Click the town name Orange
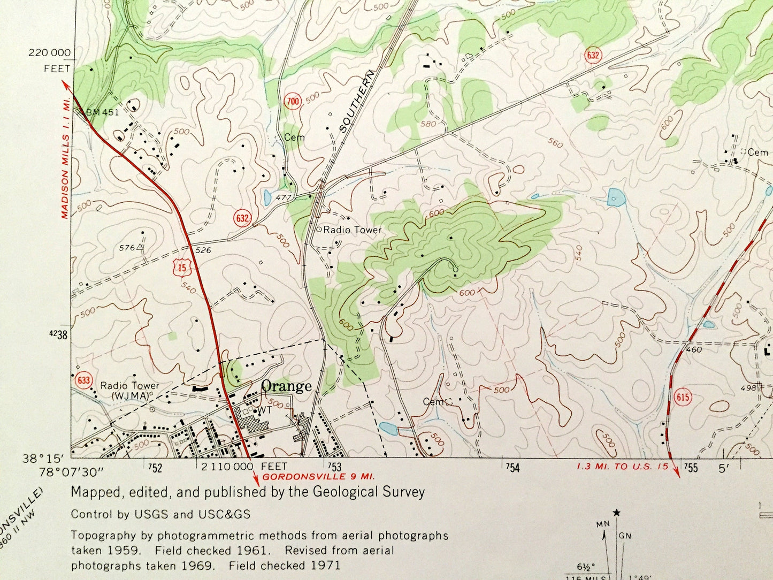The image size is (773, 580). click(x=286, y=386)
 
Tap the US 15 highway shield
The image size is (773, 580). click(x=183, y=266)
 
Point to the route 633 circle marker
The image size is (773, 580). click(x=83, y=380)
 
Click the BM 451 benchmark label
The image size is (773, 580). click(x=103, y=112)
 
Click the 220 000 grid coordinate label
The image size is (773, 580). click(x=49, y=52)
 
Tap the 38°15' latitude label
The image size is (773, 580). click(x=50, y=459)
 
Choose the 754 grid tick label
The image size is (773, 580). click(x=512, y=469)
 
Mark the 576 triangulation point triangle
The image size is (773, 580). click(x=140, y=247)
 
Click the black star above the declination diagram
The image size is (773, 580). click(x=617, y=513)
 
